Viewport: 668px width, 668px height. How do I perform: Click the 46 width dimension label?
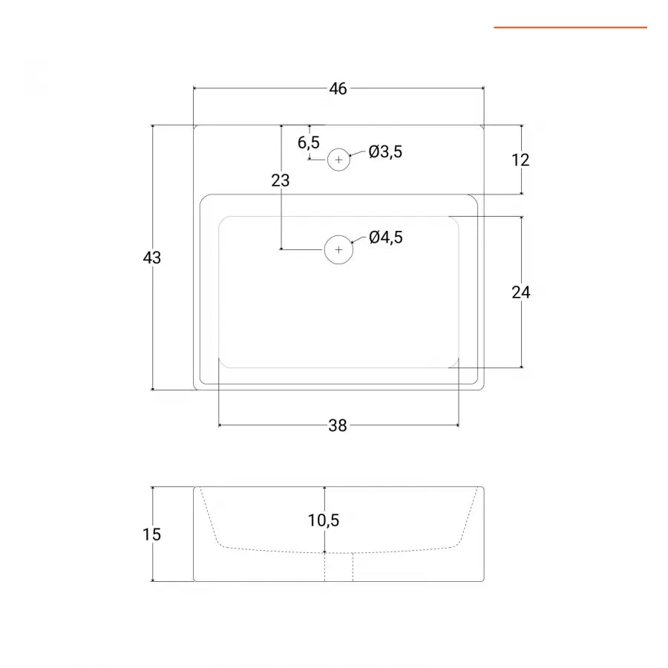(338, 89)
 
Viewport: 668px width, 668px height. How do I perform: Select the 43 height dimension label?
(152, 258)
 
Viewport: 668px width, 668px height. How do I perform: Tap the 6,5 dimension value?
(309, 143)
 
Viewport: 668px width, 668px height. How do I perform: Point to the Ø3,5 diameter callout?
(386, 152)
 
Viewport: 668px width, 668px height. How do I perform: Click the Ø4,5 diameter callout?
(386, 238)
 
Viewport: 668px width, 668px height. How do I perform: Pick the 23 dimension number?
(281, 180)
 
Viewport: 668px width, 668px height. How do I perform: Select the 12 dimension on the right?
(521, 160)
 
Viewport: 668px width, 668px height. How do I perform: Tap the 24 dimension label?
(521, 292)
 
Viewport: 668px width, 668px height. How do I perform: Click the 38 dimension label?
(338, 425)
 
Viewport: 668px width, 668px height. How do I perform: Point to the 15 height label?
(152, 534)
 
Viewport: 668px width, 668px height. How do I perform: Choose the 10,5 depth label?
(324, 520)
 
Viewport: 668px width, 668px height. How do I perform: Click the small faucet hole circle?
(338, 160)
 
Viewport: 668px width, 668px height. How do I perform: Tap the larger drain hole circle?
(339, 249)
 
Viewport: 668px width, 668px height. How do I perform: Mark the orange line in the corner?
(570, 27)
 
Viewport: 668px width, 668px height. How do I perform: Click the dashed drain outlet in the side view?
(338, 567)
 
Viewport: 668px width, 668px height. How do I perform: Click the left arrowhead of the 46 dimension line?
(195, 89)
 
